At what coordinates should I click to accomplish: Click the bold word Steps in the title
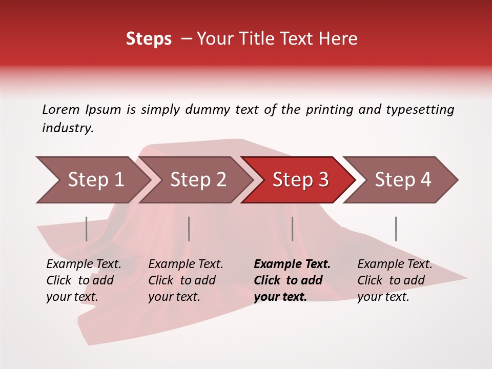coord(149,39)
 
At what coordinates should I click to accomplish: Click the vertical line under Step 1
coord(87,229)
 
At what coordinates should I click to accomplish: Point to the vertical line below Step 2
coord(189,229)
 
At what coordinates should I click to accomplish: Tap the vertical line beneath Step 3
coord(292,229)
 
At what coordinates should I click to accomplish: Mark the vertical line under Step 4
coord(396,229)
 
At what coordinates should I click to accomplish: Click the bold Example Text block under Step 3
coord(292,280)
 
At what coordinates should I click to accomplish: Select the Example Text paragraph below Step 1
coord(84,280)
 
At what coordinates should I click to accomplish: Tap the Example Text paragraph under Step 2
coord(186,280)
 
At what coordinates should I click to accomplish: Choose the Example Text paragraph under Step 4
coord(395,280)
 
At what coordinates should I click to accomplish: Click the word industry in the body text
coord(67,128)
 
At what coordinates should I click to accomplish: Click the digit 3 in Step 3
coord(323,180)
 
